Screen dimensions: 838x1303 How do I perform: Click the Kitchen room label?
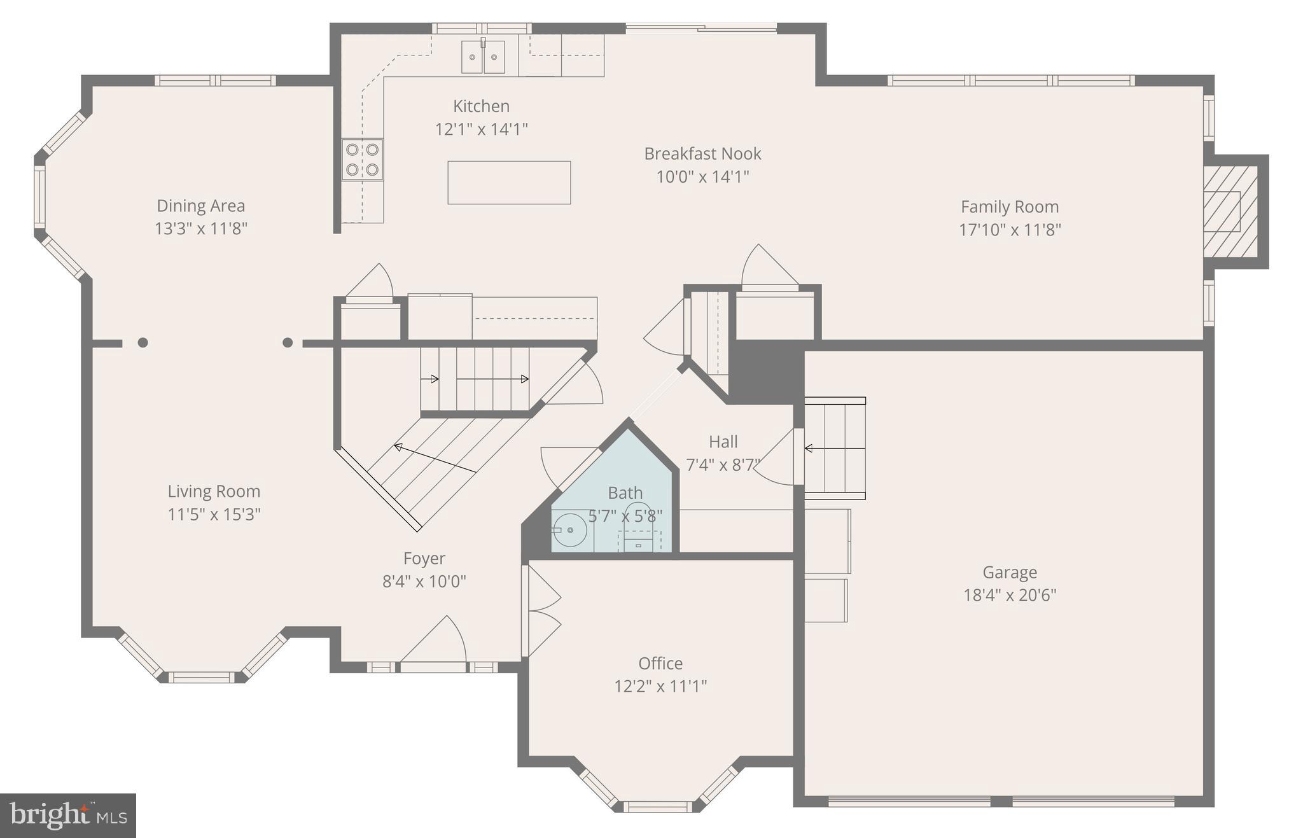[x=481, y=106]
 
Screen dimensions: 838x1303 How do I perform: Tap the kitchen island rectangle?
[x=509, y=183]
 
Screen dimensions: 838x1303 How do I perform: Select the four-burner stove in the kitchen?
[x=363, y=160]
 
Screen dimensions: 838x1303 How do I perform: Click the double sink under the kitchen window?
[x=483, y=57]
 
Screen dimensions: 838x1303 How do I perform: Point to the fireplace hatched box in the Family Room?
[x=1230, y=211]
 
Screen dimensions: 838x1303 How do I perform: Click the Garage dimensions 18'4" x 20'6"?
[x=1010, y=595]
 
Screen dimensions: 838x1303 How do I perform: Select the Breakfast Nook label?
[x=702, y=154]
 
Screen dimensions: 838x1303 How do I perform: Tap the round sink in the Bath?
[x=569, y=530]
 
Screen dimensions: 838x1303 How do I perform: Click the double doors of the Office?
[x=541, y=611]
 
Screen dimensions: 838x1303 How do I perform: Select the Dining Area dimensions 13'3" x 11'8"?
[x=201, y=228]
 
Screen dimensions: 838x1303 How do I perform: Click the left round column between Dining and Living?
[x=143, y=342]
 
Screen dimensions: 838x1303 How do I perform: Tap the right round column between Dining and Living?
[x=288, y=342]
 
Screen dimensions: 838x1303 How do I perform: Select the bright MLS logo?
[x=68, y=815]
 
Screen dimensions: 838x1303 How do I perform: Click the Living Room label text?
[x=214, y=491]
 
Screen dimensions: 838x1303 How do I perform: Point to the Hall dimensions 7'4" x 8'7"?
[x=723, y=465]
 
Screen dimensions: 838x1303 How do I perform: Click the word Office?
[x=660, y=664]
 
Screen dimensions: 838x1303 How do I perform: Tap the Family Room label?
[x=1010, y=207]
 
